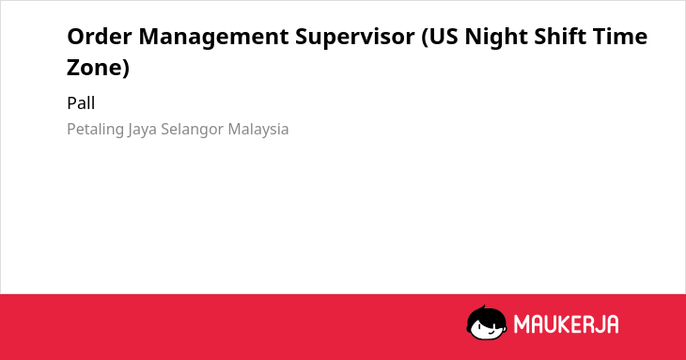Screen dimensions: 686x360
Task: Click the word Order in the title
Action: point(99,36)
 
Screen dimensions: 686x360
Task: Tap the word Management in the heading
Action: point(213,38)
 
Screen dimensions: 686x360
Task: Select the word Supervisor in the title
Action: point(355,38)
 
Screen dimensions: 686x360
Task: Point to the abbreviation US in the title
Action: point(443,37)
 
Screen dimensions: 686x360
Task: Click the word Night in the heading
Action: point(495,38)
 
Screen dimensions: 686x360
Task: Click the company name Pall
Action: point(81,103)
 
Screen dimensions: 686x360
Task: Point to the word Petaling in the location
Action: point(95,130)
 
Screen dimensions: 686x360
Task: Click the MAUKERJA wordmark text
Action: point(566,324)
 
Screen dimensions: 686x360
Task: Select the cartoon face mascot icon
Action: point(487,322)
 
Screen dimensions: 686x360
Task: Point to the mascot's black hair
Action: point(486,316)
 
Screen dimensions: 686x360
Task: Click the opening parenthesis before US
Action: point(425,38)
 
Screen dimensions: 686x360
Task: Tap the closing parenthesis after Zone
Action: point(126,69)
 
